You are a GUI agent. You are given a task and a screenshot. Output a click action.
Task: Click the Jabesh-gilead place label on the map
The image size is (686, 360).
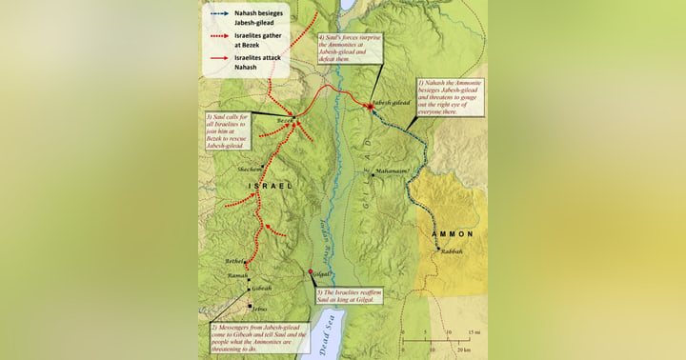tap(393, 100)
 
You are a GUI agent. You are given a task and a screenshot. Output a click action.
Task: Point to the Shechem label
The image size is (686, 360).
tap(251, 169)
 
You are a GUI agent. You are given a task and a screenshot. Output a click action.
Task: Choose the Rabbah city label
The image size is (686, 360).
tap(452, 250)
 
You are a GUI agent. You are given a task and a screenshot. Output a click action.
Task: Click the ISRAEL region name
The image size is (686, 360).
tap(270, 186)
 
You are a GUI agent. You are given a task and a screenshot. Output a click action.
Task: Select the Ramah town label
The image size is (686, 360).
tap(237, 275)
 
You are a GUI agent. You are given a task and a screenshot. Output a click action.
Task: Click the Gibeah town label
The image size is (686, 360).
tap(261, 288)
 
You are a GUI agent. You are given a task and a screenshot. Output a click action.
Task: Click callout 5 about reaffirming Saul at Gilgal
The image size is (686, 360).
tap(350, 295)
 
